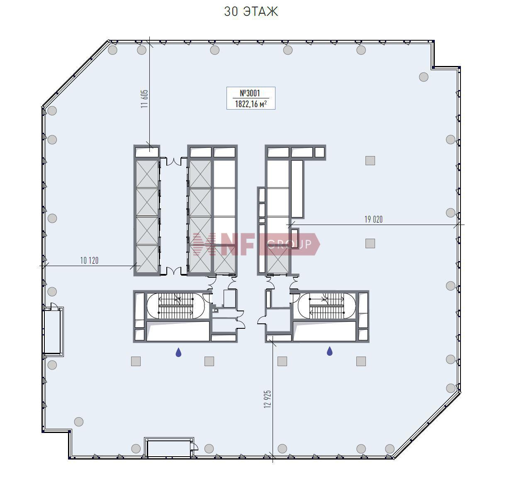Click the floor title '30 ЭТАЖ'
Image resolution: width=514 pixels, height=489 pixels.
click(x=251, y=12)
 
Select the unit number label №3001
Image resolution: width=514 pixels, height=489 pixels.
click(x=250, y=93)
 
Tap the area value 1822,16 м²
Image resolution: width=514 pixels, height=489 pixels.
click(x=251, y=104)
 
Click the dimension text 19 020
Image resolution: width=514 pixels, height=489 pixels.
click(x=373, y=219)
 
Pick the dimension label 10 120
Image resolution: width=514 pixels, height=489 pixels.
click(x=89, y=260)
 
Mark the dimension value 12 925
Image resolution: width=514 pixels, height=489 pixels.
click(x=268, y=399)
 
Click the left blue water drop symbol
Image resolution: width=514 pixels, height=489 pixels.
click(x=178, y=352)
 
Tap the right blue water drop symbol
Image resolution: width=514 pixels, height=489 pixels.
click(x=329, y=351)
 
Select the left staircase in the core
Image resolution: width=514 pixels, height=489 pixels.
click(x=175, y=306)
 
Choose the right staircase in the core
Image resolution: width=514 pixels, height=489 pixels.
click(x=326, y=306)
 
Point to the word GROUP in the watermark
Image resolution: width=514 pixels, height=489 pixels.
click(x=290, y=244)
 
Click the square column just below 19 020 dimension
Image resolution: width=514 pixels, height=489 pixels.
click(x=370, y=243)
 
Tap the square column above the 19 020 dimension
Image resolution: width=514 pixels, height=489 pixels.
click(x=370, y=160)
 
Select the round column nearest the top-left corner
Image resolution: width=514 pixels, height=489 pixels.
click(x=112, y=50)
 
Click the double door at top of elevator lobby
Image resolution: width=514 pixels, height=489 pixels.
click(x=173, y=161)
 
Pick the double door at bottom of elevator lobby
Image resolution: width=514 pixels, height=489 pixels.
click(x=173, y=271)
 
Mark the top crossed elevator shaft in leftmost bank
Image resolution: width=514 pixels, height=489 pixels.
click(x=147, y=174)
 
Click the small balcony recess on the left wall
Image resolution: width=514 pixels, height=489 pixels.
click(x=54, y=331)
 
